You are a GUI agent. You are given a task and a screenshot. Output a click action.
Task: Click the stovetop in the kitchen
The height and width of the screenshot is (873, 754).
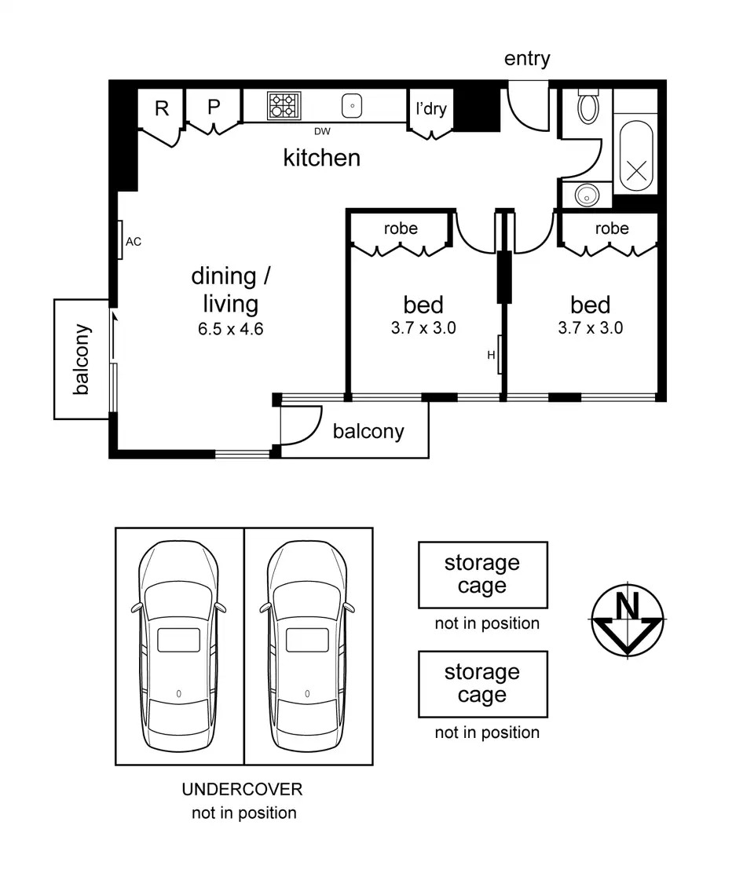(284, 105)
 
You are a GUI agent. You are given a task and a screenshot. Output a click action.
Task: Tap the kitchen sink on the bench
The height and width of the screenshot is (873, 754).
(352, 105)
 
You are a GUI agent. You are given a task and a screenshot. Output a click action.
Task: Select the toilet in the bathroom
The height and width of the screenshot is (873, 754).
(588, 105)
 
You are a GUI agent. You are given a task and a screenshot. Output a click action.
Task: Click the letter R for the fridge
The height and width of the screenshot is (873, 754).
(162, 108)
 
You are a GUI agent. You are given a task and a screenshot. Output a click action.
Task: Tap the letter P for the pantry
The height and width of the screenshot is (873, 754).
(214, 107)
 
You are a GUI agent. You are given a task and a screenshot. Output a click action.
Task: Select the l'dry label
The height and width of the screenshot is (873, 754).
(430, 108)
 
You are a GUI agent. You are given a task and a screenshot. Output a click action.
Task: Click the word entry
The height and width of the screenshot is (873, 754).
(527, 59)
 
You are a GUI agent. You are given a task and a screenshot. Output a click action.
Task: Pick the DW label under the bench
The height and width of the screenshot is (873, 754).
(322, 131)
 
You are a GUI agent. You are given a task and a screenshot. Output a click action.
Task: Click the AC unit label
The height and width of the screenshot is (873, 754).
(134, 242)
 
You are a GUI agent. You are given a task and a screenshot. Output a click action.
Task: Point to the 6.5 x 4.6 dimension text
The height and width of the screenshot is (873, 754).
(230, 328)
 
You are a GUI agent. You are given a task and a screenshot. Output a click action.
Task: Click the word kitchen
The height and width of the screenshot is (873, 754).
(321, 158)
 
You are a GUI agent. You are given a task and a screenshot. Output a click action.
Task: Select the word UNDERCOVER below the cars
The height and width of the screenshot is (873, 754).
(242, 790)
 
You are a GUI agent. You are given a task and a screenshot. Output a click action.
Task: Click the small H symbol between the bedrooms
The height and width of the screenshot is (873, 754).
(492, 355)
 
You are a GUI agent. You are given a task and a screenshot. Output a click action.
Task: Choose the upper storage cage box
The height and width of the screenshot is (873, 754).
(482, 575)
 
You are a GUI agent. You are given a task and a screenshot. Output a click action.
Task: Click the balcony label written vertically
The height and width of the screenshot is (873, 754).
(82, 359)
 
